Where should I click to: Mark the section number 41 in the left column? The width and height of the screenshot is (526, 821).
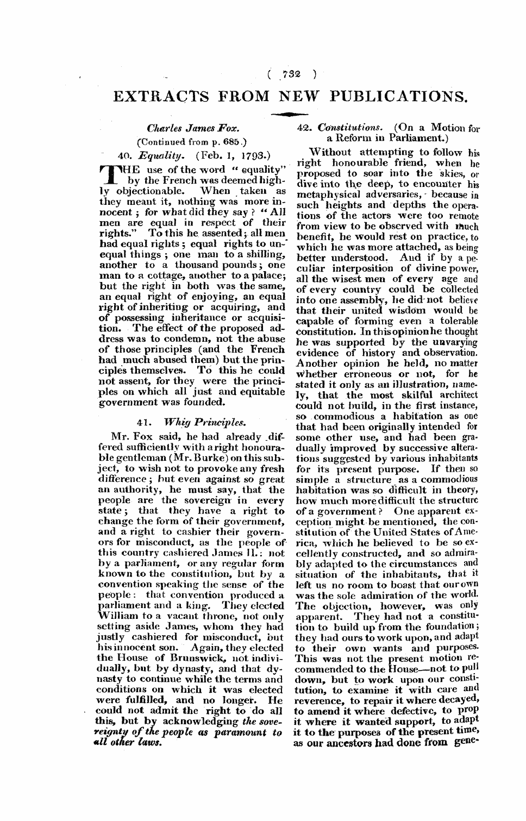(142, 421)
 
